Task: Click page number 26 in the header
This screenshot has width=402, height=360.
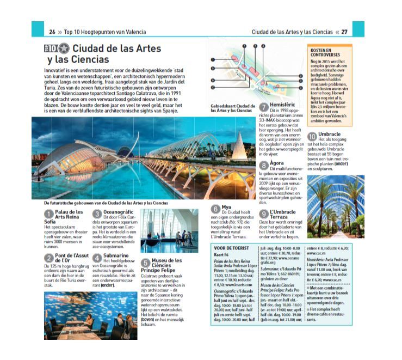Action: coord(52,31)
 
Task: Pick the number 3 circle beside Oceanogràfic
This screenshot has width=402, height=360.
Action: coord(97,214)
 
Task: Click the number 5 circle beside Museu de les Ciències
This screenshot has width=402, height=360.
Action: coord(146,264)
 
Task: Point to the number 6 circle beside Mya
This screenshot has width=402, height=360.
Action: coord(216,208)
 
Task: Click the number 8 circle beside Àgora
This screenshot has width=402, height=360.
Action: coord(264,165)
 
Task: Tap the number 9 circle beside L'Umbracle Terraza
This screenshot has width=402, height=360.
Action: coord(264,214)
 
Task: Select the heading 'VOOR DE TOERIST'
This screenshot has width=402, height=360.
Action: coord(230,248)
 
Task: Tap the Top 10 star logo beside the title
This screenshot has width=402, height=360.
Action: coord(57,48)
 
